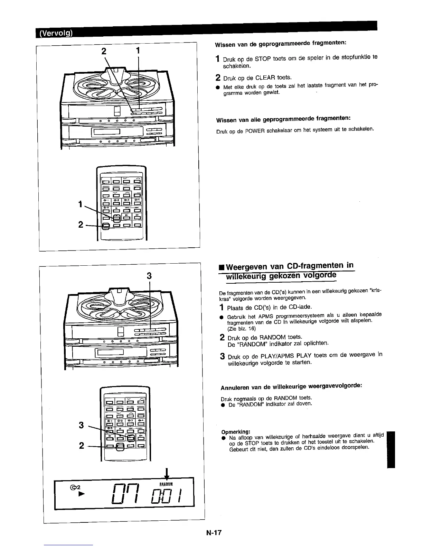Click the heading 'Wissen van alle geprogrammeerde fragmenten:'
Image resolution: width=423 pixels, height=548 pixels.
click(x=283, y=120)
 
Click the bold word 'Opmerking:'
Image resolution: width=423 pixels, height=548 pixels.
click(x=235, y=432)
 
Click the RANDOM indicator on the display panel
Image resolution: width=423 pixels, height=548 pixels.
click(x=166, y=483)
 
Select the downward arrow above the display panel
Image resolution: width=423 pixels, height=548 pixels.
click(x=167, y=473)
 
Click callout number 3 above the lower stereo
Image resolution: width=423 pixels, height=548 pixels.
click(x=149, y=276)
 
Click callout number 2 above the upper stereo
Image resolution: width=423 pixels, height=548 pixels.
click(x=103, y=51)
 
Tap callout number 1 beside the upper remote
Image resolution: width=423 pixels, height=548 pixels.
click(x=80, y=204)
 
